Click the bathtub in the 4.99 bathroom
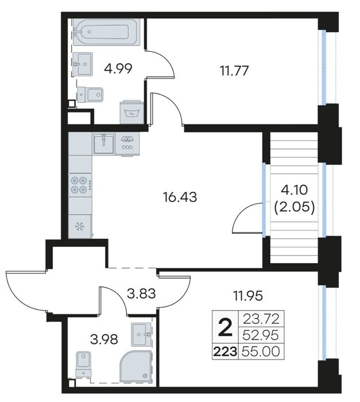[x=107, y=32]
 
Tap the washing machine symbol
[x=132, y=113]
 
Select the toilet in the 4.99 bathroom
[x=90, y=94]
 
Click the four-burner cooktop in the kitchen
[x=80, y=185]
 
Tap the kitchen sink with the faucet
[x=103, y=143]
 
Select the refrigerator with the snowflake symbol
[x=80, y=226]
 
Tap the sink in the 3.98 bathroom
[x=141, y=334]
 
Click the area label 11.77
[x=234, y=71]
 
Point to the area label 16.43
[x=180, y=198]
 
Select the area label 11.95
[x=247, y=296]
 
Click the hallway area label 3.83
[x=142, y=293]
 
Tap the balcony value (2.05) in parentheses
[x=295, y=207]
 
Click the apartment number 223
[x=225, y=351]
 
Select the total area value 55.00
[x=261, y=351]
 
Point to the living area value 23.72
[x=261, y=319]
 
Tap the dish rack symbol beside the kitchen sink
[x=127, y=143]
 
